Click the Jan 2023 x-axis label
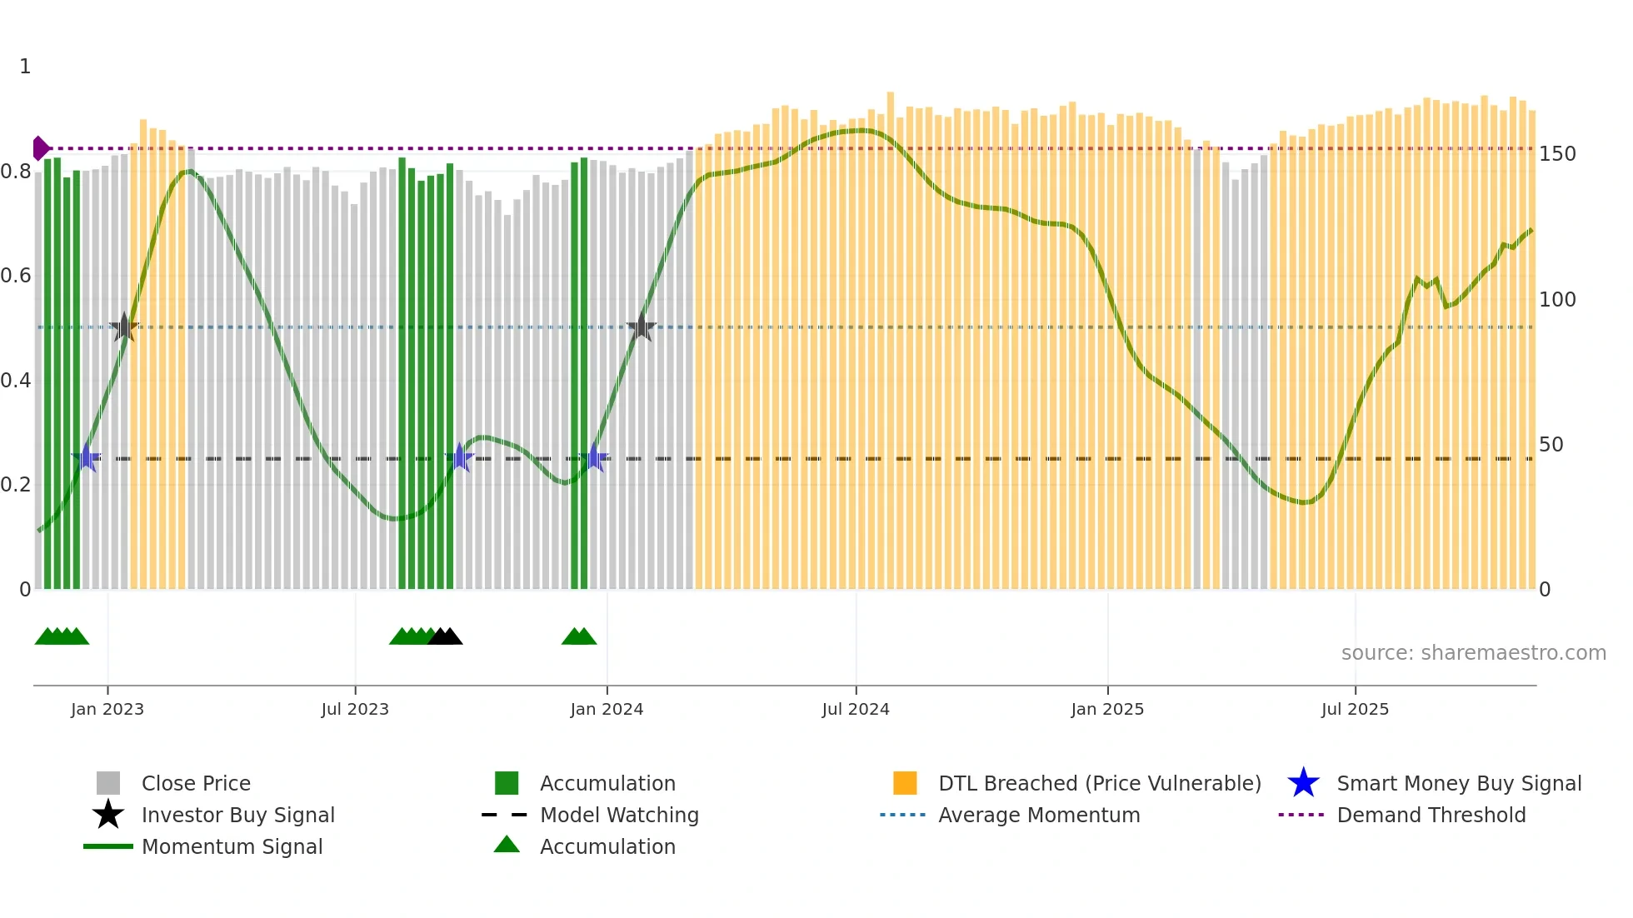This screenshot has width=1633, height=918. click(107, 709)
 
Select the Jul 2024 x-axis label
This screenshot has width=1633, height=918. click(856, 709)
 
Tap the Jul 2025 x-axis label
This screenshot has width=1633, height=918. click(1355, 709)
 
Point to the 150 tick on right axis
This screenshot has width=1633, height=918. click(1557, 154)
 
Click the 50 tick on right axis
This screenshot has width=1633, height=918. click(1551, 445)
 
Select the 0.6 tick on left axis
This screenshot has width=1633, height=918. click(16, 276)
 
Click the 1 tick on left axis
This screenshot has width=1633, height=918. click(25, 67)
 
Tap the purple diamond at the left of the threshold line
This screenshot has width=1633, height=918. click(40, 148)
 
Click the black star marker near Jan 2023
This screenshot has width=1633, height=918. click(124, 327)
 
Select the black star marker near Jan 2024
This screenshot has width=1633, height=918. click(641, 327)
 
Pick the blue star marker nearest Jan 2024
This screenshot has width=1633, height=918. click(595, 458)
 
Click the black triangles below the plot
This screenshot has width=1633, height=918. click(445, 636)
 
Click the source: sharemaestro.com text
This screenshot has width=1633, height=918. click(1473, 653)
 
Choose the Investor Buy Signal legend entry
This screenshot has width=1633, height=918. click(237, 815)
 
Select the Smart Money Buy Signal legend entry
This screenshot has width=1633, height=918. click(1458, 783)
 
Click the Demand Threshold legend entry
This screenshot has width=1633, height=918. click(1431, 815)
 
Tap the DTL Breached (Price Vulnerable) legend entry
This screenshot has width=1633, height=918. click(1099, 783)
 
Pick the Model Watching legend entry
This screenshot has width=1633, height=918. click(619, 815)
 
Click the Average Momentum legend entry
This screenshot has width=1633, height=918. click(1038, 815)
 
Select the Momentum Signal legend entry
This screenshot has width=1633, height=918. click(232, 846)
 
